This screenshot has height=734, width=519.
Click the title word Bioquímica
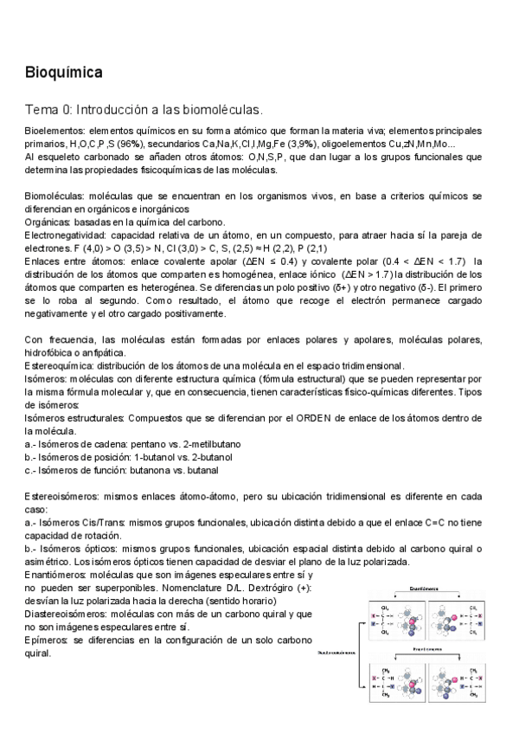click(x=64, y=74)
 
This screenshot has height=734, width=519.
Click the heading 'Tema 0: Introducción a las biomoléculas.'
click(x=143, y=110)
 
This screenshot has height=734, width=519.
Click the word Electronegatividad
click(x=66, y=235)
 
